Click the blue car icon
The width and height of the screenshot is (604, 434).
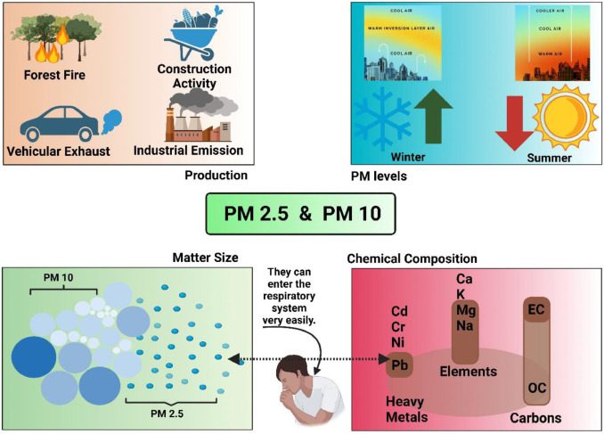tap(54, 122)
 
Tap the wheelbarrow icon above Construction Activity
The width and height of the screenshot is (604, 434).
tap(191, 33)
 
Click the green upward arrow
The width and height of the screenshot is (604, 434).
tap(434, 112)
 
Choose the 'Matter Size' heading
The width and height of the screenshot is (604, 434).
tap(207, 258)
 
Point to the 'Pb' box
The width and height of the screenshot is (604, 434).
tap(399, 365)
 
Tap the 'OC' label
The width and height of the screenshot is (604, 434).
tap(537, 389)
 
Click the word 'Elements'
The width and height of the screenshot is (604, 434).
tap(469, 372)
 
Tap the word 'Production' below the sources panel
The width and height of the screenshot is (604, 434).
tap(216, 176)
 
